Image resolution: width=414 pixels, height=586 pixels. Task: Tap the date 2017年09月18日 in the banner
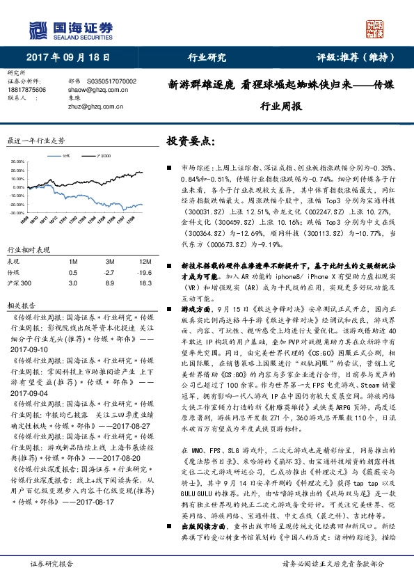pos(61,58)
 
